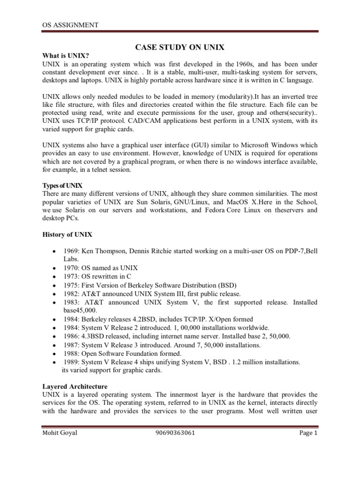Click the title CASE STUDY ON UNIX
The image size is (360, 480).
click(x=180, y=47)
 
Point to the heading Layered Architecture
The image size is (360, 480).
click(x=75, y=387)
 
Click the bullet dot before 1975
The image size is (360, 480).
click(x=56, y=285)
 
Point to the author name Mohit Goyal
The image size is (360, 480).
click(x=60, y=446)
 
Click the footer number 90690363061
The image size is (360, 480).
click(x=175, y=446)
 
